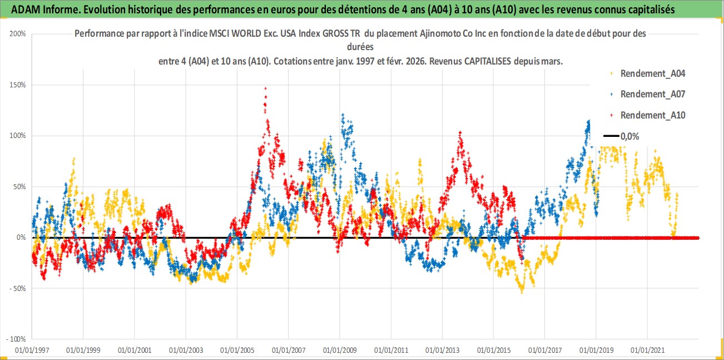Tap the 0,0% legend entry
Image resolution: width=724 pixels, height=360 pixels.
[x=629, y=136]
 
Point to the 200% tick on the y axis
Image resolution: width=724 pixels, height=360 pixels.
[x=18, y=33]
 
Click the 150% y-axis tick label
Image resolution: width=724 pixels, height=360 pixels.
[x=18, y=85]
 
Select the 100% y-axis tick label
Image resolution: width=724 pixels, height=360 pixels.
[x=18, y=136]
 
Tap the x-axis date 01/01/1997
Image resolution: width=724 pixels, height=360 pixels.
[x=32, y=351]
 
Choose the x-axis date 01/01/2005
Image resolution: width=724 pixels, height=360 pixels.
[x=237, y=351]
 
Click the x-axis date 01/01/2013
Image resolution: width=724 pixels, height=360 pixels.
[x=442, y=351]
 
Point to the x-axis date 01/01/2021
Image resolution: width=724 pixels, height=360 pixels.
[x=647, y=351]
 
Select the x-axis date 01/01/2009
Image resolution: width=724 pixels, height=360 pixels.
[x=340, y=351]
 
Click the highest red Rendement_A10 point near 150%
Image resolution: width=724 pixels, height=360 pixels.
[x=265, y=88]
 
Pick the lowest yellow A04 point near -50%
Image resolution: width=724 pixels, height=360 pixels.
[x=522, y=292]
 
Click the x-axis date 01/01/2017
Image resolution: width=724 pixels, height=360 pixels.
[x=545, y=351]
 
